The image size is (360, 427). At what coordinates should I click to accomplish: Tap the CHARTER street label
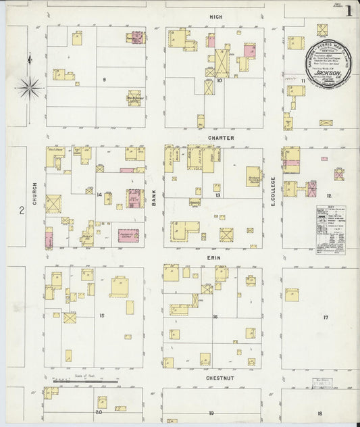(220, 138)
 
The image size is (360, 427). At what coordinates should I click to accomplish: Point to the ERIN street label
(215, 257)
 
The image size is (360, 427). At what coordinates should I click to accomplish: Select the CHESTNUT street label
(220, 379)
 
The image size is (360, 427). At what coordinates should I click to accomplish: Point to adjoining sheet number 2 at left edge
(22, 211)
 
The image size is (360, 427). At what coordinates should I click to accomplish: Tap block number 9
(104, 80)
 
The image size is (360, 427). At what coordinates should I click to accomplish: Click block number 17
(326, 317)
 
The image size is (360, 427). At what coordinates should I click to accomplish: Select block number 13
(217, 195)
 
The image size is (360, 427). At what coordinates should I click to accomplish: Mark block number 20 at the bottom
(99, 411)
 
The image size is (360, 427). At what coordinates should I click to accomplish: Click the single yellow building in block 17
(292, 295)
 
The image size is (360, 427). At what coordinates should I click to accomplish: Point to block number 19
(211, 412)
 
